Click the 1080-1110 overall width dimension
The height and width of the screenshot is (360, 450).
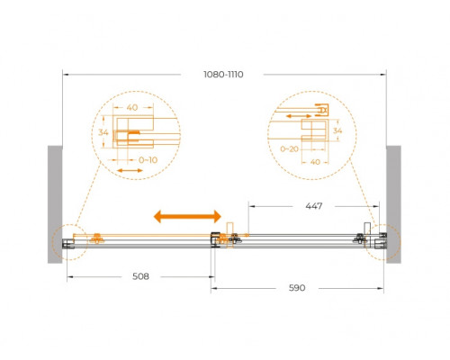pyautogui.click(x=223, y=75)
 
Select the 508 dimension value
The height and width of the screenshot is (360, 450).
pyautogui.click(x=140, y=276)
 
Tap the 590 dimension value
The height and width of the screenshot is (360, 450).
pyautogui.click(x=297, y=288)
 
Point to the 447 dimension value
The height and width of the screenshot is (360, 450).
pyautogui.click(x=314, y=206)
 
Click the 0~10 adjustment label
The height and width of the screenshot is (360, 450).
pyautogui.click(x=148, y=160)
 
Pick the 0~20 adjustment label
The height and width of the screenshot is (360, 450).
pyautogui.click(x=289, y=148)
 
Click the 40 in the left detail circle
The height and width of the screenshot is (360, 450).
pyautogui.click(x=132, y=107)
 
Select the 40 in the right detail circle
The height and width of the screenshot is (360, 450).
pyautogui.click(x=315, y=162)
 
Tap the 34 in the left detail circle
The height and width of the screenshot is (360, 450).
pyautogui.click(x=103, y=132)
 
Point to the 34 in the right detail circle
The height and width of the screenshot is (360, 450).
pyautogui.click(x=337, y=130)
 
